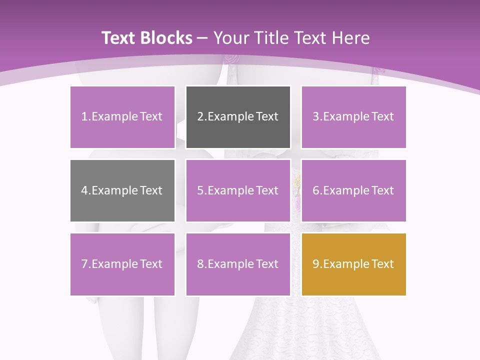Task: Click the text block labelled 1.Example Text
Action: point(122,117)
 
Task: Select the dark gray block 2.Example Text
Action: point(238,117)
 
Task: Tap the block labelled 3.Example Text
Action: point(353,117)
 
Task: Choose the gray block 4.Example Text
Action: point(122,190)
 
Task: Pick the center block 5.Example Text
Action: point(238,190)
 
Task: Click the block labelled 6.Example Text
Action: point(353,190)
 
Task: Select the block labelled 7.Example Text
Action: point(122,264)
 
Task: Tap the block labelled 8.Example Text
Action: point(238,264)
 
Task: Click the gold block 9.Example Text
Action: point(353,264)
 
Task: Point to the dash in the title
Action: point(202,38)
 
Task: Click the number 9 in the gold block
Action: point(315,264)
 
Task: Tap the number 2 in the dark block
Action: point(200,117)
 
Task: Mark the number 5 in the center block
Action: point(200,190)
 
